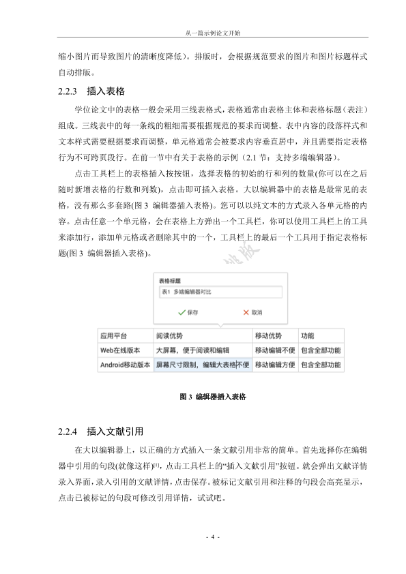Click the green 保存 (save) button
(x=188, y=312)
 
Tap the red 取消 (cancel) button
(x=252, y=312)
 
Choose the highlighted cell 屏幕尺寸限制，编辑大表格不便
(x=202, y=365)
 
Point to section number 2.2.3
(x=69, y=91)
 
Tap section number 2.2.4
(x=69, y=432)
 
